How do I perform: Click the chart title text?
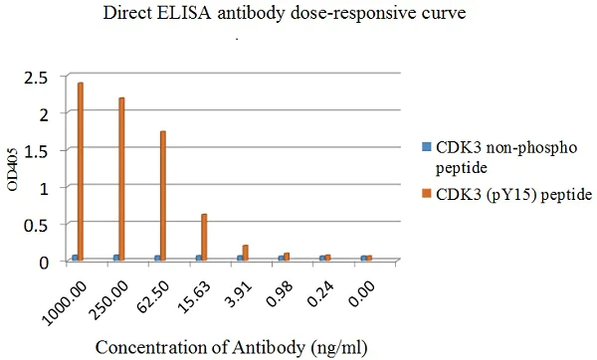click(x=298, y=15)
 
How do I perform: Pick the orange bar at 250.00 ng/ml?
click(x=121, y=179)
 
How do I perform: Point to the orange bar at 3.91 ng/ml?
click(x=245, y=253)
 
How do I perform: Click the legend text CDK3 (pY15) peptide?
click(x=513, y=197)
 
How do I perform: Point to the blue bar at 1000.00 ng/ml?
click(x=75, y=258)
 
